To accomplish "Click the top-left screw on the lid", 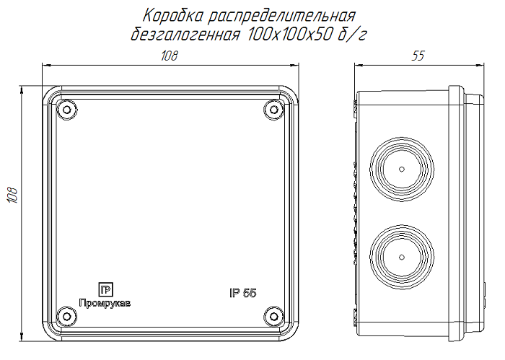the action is (66, 110).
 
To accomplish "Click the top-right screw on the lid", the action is (273, 110).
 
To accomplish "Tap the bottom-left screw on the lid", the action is (66, 316).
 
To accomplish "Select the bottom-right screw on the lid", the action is (273, 316).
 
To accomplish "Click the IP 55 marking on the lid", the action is (243, 293).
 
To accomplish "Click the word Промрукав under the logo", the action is (105, 303).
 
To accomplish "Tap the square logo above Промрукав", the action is (105, 289).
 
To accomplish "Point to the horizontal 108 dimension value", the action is (170, 56).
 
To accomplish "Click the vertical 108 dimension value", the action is (12, 195).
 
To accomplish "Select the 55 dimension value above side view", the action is (418, 56).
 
